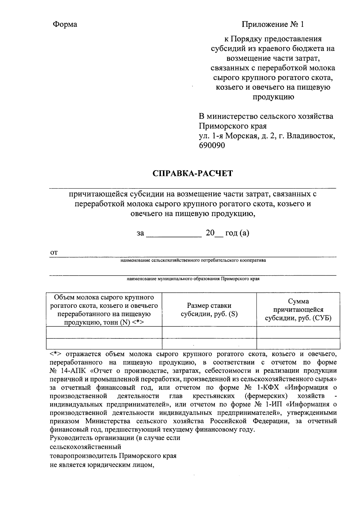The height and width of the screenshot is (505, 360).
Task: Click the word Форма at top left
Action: pos(65,24)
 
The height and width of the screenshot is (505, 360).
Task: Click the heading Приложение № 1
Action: pos(273,24)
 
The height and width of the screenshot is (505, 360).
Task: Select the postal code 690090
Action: pos(211,145)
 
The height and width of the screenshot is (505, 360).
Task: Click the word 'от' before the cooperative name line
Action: pos(53,253)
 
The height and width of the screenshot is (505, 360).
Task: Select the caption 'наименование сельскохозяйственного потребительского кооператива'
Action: pos(193,260)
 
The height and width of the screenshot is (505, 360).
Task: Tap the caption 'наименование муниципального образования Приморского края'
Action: pos(193,279)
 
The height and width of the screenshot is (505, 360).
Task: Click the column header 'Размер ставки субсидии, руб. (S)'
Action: pos(209,310)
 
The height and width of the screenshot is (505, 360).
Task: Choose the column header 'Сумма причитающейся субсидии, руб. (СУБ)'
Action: pos(298,310)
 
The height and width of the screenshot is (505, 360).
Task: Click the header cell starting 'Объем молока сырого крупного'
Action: pos(104,310)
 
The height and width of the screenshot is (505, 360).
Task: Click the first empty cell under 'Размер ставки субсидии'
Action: pos(209,332)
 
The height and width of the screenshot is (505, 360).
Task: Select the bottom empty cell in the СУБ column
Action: pos(298,343)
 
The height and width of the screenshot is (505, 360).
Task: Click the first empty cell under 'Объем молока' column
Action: pos(104,332)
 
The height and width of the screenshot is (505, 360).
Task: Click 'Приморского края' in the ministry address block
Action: pos(232,126)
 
